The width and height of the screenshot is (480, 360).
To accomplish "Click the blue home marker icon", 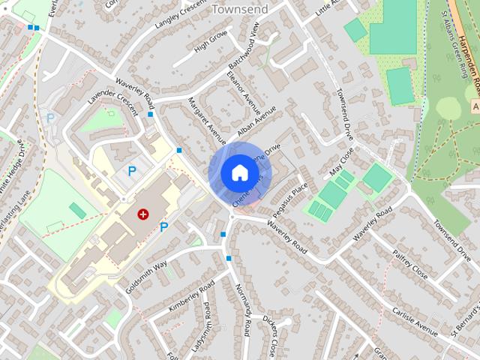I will [238, 173].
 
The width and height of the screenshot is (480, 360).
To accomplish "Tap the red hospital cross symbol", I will [142, 214].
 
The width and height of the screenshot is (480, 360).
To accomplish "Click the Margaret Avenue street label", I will [205, 120].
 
